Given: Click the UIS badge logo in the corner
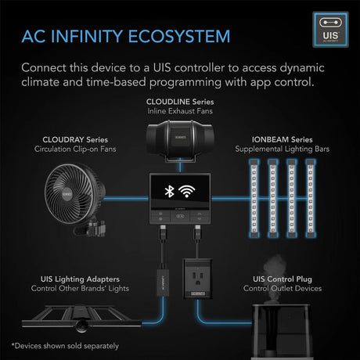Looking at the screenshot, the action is (330, 30).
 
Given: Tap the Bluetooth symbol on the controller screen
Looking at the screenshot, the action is (169, 191).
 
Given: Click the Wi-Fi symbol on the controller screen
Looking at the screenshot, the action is (186, 191).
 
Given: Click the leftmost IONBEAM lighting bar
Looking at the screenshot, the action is (254, 199).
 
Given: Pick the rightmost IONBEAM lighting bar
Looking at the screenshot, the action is (311, 199).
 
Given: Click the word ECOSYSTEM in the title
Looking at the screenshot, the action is (179, 36).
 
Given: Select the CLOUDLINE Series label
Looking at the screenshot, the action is (180, 102).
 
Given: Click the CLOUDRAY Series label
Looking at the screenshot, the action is (75, 139).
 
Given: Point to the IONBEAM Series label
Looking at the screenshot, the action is (282, 139).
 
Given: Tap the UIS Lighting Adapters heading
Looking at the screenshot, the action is (80, 279).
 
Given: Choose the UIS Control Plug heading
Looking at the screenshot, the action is (283, 279).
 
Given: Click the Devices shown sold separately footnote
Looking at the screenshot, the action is (65, 346).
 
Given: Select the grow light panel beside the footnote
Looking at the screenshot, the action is (81, 319).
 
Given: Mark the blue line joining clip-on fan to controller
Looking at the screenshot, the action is (127, 199).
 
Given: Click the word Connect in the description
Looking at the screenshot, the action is (44, 68).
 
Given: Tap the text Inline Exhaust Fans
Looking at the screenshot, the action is (180, 111).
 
